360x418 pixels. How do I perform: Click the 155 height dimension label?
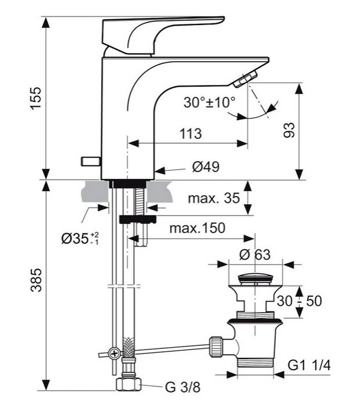coord(37,99)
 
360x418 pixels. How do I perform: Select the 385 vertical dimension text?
coord(37,280)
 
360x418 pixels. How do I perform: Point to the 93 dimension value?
coord(289,129)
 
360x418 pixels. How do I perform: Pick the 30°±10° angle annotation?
coord(209,102)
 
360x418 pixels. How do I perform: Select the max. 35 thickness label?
coord(213,199)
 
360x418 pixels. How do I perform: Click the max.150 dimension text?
coord(197,227)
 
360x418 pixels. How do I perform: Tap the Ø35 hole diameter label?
coord(80,238)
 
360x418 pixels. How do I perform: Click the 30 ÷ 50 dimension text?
coord(299,301)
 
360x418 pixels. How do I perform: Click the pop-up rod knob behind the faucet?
coord(90,161)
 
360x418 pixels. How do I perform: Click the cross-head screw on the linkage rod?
coord(115,353)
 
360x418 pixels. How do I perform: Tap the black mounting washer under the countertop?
coord(137,219)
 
